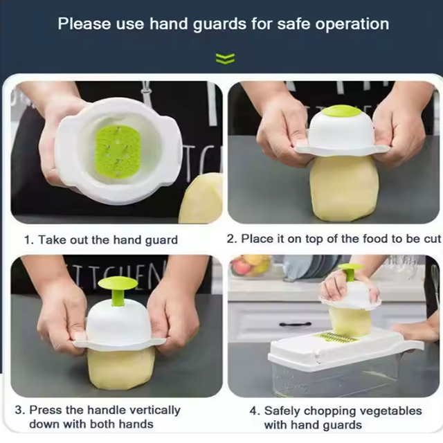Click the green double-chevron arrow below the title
(225, 58)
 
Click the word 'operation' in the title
(352, 24)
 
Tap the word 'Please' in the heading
(84, 23)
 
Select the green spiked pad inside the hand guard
(118, 152)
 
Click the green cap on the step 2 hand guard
(342, 111)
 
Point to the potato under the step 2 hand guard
(343, 188)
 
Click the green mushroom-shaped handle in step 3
(118, 290)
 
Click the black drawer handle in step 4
(296, 324)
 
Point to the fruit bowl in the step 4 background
(251, 265)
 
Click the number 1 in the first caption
(28, 240)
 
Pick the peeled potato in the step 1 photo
(201, 199)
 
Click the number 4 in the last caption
(253, 410)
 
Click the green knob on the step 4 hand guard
(351, 271)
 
